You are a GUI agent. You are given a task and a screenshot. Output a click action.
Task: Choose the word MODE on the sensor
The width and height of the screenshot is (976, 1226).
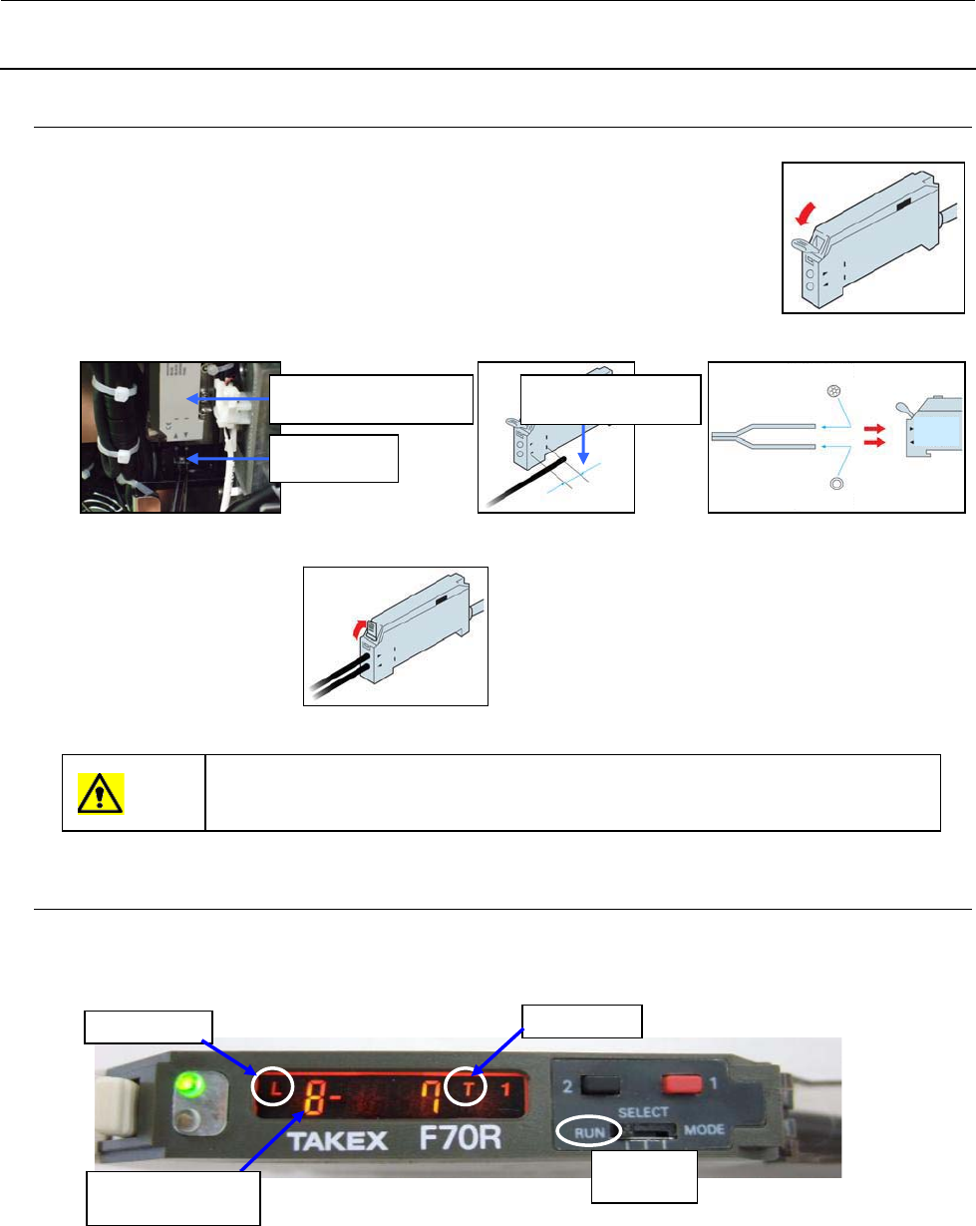[706, 1131]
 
